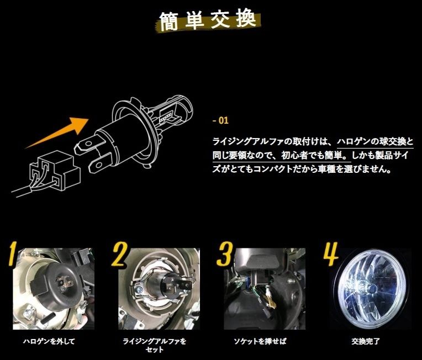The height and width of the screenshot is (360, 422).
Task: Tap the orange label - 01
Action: [220, 120]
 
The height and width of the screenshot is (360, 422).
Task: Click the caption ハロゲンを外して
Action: [49, 341]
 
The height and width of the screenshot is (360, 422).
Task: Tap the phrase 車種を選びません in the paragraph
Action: [358, 170]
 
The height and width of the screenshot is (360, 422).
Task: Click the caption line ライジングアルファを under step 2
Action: [155, 341]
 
